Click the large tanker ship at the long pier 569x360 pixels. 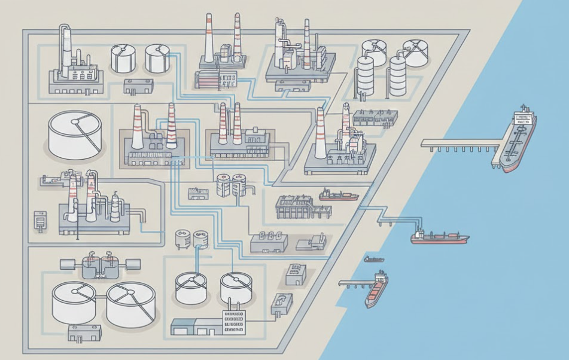516,141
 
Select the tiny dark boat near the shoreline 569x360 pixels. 374,259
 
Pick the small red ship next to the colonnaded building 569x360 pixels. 339,195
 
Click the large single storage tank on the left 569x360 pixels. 75,134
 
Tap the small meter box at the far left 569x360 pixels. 39,219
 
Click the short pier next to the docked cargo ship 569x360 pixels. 353,283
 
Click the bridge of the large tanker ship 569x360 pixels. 525,115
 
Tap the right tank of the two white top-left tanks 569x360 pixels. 158,58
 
